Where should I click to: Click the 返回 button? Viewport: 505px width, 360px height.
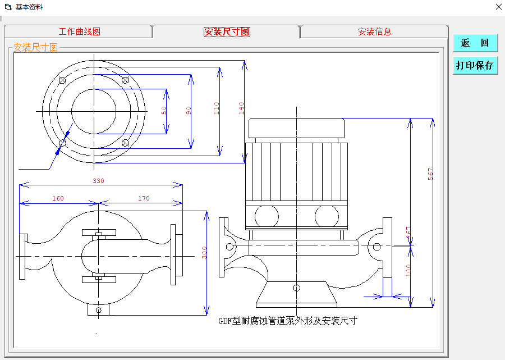point(475,43)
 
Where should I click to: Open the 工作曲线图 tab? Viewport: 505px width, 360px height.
point(79,32)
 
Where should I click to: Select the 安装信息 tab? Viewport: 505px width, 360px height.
point(374,32)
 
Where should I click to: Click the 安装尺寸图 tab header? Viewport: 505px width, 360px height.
point(227,32)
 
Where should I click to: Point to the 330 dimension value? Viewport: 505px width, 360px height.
point(99,181)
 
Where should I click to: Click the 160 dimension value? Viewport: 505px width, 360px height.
point(58,198)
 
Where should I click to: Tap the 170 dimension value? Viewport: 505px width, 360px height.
point(143,198)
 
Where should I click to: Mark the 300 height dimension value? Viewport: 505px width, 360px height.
point(205,253)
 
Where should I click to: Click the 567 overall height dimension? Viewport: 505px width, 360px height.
point(430,174)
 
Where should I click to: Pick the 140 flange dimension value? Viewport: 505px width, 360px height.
point(241,108)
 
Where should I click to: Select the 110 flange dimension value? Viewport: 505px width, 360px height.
point(217,108)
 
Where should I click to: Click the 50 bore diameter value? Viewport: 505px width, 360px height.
point(164,111)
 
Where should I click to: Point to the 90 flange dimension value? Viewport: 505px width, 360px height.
point(189,111)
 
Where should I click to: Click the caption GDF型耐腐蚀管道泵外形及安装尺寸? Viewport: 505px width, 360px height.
point(287,321)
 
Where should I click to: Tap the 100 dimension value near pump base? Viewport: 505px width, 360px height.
point(408,270)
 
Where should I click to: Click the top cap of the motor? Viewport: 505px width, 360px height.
point(296,129)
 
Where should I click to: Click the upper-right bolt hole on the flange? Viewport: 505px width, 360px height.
point(125,81)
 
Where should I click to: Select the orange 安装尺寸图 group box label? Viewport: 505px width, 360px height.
point(35,48)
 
